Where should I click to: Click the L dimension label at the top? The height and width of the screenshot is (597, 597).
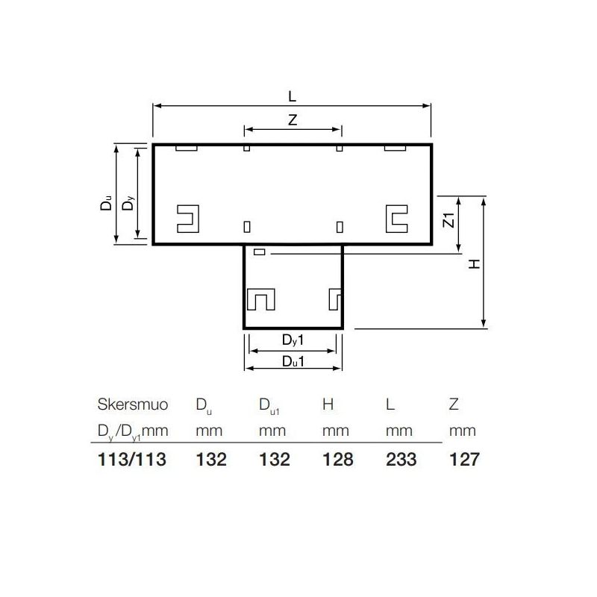[x=292, y=96]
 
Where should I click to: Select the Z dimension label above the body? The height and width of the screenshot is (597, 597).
[x=293, y=120]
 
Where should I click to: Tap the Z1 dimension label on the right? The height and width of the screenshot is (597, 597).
[x=448, y=221]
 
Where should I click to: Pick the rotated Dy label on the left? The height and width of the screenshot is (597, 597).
[x=129, y=202]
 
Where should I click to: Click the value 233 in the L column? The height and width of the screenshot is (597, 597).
[x=400, y=459]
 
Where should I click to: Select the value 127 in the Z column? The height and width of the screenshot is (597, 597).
[x=463, y=459]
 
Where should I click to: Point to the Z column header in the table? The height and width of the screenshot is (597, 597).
[x=453, y=404]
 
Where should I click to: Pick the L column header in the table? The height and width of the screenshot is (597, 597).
[x=390, y=404]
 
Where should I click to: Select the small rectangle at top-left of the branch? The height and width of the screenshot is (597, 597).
[x=260, y=252]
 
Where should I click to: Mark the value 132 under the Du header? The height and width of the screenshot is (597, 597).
[x=210, y=459]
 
